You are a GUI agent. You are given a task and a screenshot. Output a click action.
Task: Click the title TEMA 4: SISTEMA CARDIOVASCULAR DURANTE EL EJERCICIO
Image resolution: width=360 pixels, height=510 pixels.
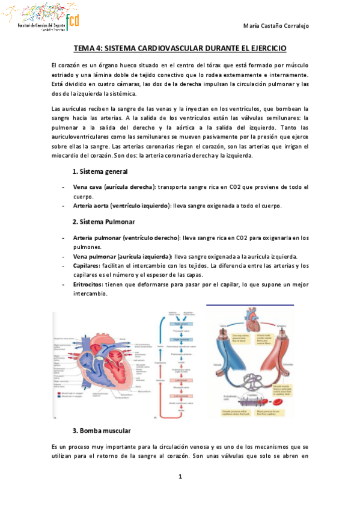pos(180,48)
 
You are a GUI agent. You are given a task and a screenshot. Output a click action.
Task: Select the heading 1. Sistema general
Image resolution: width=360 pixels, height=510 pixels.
pos(100,172)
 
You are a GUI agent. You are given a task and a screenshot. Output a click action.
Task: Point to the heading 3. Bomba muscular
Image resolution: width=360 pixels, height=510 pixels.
pos(100,431)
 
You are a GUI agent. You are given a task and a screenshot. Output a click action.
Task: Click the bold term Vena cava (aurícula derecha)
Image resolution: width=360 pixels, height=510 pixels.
pos(114,187)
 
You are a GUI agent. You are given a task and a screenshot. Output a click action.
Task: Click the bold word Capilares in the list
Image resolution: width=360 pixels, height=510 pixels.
pos(87,265)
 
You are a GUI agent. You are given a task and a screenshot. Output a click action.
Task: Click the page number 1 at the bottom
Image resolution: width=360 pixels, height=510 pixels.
pos(180,477)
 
